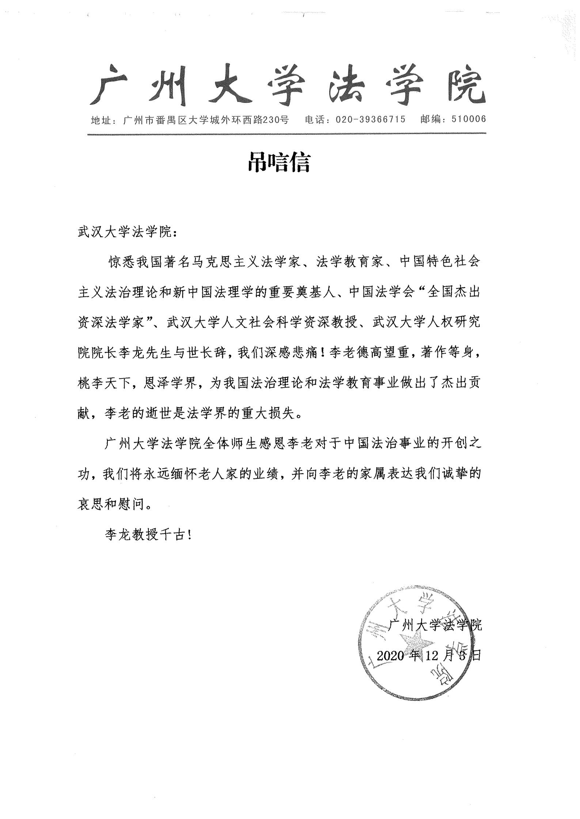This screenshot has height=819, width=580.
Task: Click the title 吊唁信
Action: [x=279, y=163]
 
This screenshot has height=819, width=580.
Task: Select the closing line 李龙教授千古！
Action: [x=148, y=535]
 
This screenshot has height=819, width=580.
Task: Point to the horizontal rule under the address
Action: [x=287, y=134]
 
